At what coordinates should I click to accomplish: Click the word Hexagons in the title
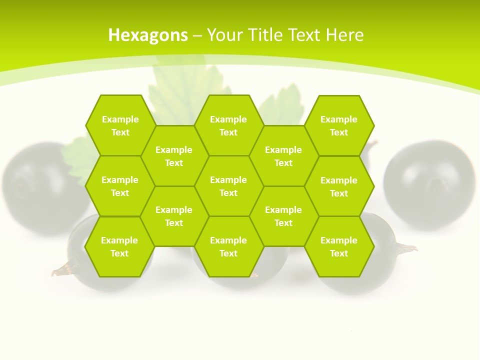coord(148,35)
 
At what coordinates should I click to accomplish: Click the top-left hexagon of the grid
coord(120,125)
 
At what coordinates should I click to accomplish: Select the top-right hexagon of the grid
coord(339,125)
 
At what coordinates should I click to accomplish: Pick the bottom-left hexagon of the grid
coord(119,246)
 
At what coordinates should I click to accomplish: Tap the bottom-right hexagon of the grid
coord(339,246)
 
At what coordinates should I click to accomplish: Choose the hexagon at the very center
coord(228,186)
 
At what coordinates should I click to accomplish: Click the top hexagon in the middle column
coord(228,125)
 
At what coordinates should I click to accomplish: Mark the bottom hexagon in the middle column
coord(228,246)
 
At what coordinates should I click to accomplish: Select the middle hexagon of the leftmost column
coord(120,186)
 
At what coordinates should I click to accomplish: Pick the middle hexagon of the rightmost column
coord(339,186)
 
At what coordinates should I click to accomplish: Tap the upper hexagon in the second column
coord(174,156)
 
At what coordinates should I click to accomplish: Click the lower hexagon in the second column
coord(174,216)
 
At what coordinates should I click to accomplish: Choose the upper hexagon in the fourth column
coord(283,156)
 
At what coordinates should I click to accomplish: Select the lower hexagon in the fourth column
coord(283,216)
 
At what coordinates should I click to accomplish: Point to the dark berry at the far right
coord(430,185)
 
